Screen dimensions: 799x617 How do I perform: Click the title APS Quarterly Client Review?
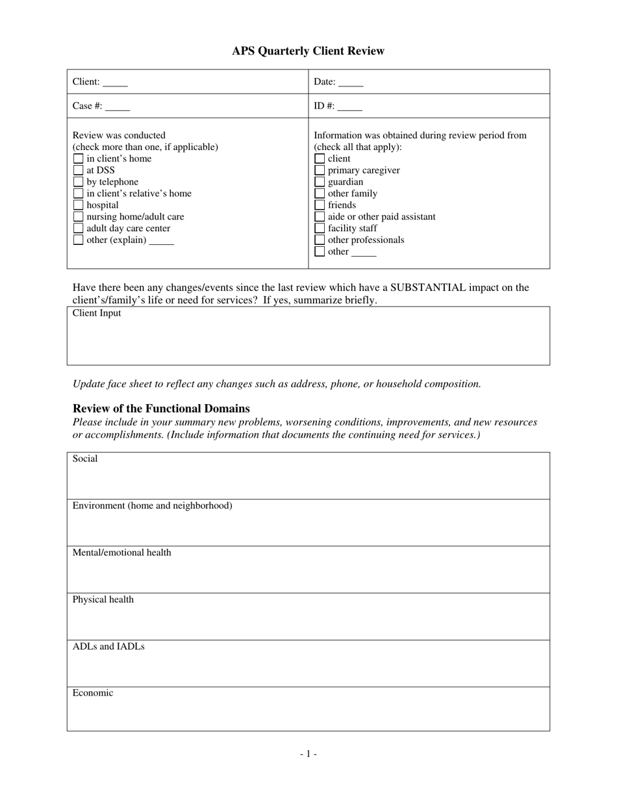click(x=308, y=51)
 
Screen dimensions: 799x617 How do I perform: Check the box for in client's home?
click(x=79, y=159)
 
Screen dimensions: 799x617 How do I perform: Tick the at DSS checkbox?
click(x=79, y=170)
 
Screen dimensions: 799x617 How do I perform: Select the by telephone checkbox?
click(x=79, y=182)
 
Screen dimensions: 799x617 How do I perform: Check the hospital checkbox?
click(x=79, y=205)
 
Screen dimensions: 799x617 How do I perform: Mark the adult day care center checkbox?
click(x=79, y=229)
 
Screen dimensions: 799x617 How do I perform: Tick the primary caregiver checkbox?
click(x=320, y=170)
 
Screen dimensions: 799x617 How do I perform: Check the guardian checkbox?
click(x=320, y=182)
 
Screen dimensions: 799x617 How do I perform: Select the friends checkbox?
click(x=320, y=205)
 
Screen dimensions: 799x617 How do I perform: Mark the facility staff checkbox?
click(x=320, y=229)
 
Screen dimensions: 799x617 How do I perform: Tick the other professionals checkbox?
click(x=320, y=240)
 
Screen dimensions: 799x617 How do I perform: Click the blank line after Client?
click(x=115, y=83)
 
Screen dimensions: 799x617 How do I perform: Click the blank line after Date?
click(x=351, y=83)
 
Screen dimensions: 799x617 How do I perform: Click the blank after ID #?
click(x=350, y=107)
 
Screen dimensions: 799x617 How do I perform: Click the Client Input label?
click(x=97, y=313)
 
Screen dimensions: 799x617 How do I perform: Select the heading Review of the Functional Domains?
click(x=161, y=409)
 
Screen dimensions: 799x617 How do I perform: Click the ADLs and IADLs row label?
click(x=108, y=646)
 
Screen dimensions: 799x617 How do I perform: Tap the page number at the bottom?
click(x=308, y=754)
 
